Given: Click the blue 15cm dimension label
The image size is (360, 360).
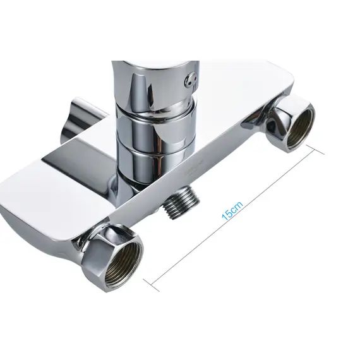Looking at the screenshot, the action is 232,211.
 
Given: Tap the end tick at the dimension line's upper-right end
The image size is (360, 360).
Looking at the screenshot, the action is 315,149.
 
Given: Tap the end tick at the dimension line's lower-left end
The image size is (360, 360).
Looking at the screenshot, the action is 151,285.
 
